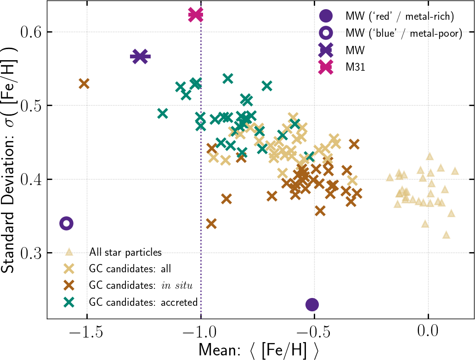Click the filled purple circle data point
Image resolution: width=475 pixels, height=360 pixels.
click(312, 304)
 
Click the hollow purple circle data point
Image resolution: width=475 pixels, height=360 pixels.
click(67, 223)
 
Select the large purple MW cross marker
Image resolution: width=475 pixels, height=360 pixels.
click(140, 56)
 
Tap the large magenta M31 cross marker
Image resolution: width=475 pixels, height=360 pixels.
click(195, 15)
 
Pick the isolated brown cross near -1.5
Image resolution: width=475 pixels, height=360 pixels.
click(84, 84)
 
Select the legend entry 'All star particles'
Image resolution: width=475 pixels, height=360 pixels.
click(125, 252)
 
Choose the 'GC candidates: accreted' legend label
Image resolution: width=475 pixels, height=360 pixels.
click(143, 302)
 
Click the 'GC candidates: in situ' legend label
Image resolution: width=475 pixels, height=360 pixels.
click(141, 285)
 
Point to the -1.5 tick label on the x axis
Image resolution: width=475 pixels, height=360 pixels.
click(84, 331)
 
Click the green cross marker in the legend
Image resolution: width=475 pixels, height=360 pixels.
click(69, 302)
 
